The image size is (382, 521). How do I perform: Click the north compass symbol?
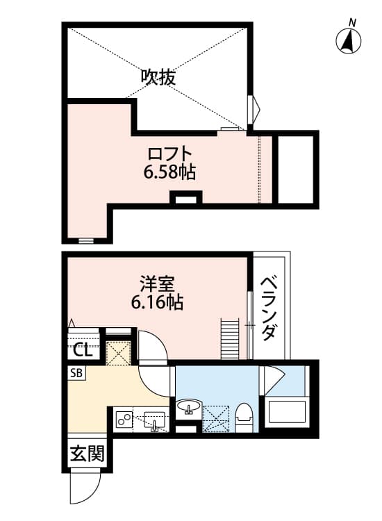pyautogui.click(x=349, y=39)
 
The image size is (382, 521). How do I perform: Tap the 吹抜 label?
pyautogui.click(x=158, y=77)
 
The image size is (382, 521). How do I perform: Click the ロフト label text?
pyautogui.click(x=169, y=154)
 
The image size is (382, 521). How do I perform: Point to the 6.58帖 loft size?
pyautogui.click(x=169, y=172)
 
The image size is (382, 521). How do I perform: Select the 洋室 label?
pyautogui.click(x=157, y=284)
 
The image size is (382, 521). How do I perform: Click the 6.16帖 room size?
pyautogui.click(x=157, y=302)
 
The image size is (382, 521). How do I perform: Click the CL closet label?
pyautogui.click(x=83, y=350)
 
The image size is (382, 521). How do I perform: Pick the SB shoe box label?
pyautogui.click(x=76, y=373)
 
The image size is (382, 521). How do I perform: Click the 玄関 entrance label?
pyautogui.click(x=88, y=453)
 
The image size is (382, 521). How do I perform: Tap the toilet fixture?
pyautogui.click(x=244, y=417)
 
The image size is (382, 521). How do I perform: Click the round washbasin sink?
pyautogui.click(x=189, y=406)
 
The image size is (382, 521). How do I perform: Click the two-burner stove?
pyautogui.click(x=124, y=421)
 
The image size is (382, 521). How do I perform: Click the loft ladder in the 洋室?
pyautogui.click(x=230, y=338)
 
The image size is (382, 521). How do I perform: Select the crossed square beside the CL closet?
pyautogui.click(x=118, y=353)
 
